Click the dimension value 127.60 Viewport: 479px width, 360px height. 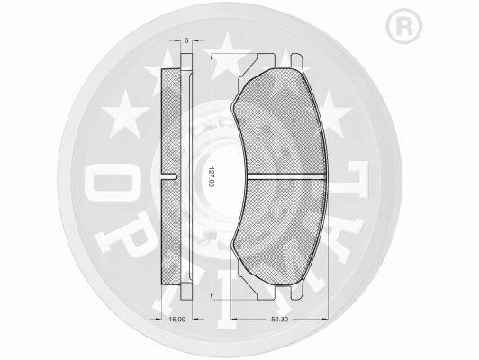(x=210, y=176)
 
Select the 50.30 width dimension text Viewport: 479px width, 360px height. (x=279, y=319)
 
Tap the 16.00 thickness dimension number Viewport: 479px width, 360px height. (x=177, y=319)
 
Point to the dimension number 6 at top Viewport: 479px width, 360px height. (x=186, y=40)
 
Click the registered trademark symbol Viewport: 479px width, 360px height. (x=404, y=26)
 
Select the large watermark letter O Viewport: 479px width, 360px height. (x=113, y=183)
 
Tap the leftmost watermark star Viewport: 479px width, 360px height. (x=125, y=113)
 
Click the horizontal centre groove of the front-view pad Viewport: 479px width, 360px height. (x=285, y=176)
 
